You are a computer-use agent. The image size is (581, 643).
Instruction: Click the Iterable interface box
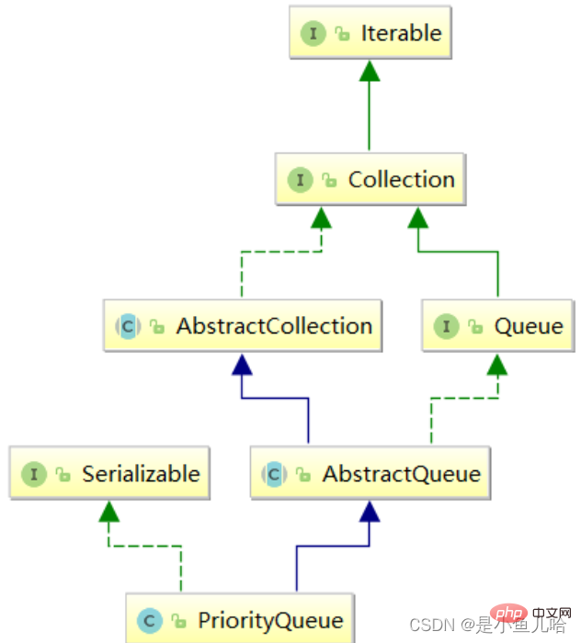(370, 32)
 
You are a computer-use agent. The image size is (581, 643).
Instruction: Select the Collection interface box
(370, 179)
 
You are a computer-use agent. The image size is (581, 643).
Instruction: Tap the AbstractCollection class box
(243, 325)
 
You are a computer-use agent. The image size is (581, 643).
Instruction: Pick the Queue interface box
(497, 325)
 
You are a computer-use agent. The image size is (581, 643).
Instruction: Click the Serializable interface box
(109, 473)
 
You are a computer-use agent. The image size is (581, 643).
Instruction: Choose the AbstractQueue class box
(370, 473)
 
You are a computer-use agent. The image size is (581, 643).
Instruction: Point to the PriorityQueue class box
(240, 618)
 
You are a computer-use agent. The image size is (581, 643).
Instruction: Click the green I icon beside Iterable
(313, 33)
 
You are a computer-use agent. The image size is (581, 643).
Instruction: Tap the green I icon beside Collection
(300, 180)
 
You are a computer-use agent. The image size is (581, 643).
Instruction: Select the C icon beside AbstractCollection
(128, 326)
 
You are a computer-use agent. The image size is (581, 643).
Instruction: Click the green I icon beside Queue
(447, 326)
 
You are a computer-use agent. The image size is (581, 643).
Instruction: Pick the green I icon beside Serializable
(34, 474)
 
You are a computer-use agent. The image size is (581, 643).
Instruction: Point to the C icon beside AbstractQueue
(274, 474)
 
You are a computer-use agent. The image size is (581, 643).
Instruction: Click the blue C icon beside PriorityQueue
(150, 620)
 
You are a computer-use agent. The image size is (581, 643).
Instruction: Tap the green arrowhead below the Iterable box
(370, 71)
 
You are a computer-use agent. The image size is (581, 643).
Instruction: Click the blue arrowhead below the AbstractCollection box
(242, 365)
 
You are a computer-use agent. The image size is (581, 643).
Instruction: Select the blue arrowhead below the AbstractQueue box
(370, 512)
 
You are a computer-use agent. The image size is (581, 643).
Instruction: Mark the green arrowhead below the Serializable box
(108, 512)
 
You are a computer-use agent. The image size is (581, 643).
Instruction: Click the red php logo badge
(508, 614)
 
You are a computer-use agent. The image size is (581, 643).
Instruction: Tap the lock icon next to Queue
(475, 327)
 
